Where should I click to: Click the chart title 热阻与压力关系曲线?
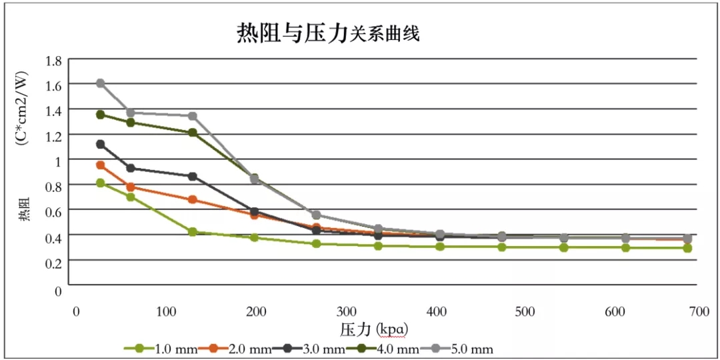pyautogui.click(x=328, y=33)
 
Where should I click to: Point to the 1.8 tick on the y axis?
pyautogui.click(x=53, y=61)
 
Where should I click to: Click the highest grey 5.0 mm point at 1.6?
pyautogui.click(x=101, y=83)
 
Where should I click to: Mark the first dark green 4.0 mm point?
pyautogui.click(x=101, y=115)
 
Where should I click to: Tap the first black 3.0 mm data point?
pyautogui.click(x=101, y=144)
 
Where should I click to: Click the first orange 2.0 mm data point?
pyautogui.click(x=101, y=165)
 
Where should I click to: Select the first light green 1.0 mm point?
pyautogui.click(x=101, y=183)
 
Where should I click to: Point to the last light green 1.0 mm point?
pyautogui.click(x=687, y=248)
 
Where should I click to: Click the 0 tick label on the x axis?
pyautogui.click(x=77, y=312)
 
